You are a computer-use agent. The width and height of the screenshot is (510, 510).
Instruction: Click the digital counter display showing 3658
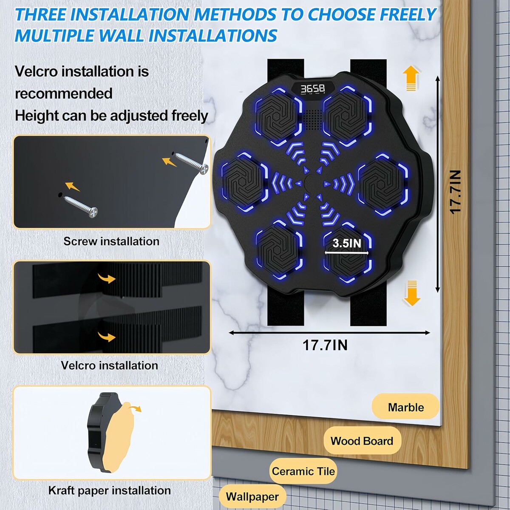point(313,89)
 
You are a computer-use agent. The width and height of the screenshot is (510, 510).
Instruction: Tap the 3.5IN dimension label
point(347,243)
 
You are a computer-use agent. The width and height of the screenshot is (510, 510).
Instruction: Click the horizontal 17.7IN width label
point(325,345)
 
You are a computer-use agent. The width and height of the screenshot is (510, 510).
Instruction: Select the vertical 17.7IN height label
point(455,192)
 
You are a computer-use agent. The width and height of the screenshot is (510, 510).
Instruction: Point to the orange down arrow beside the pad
point(412,293)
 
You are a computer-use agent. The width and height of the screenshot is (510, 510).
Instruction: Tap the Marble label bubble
point(405,408)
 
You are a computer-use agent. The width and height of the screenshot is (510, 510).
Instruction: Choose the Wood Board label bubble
point(362,441)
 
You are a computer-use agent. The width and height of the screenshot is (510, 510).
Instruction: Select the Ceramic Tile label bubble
point(303,471)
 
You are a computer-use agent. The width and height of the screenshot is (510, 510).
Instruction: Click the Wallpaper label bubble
point(252,497)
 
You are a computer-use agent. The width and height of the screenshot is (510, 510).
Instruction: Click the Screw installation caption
point(111,241)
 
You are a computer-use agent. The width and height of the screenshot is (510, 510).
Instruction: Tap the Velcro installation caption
point(109,365)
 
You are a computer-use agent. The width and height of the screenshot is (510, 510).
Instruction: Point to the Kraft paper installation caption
point(109,490)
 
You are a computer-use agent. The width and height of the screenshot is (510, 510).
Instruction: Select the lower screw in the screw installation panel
point(81,207)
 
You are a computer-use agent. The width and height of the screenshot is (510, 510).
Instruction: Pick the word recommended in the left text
point(64,93)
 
